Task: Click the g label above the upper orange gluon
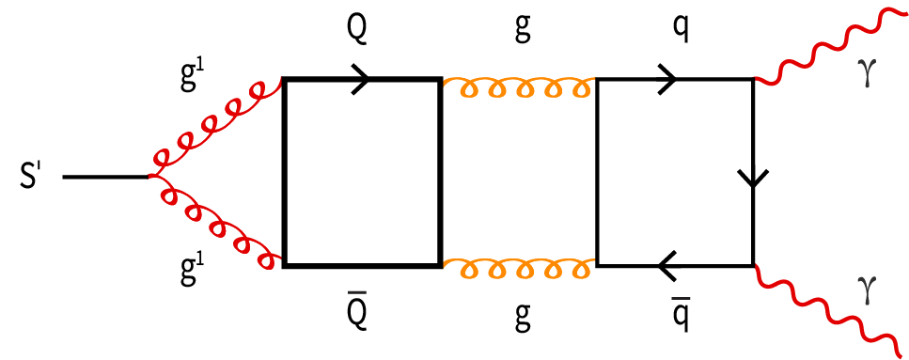click(522, 32)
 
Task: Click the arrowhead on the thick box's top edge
click(359, 80)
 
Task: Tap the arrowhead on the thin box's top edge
click(666, 80)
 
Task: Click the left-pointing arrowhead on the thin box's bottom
click(668, 266)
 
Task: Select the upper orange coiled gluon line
click(518, 88)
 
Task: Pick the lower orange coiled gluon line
click(518, 270)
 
